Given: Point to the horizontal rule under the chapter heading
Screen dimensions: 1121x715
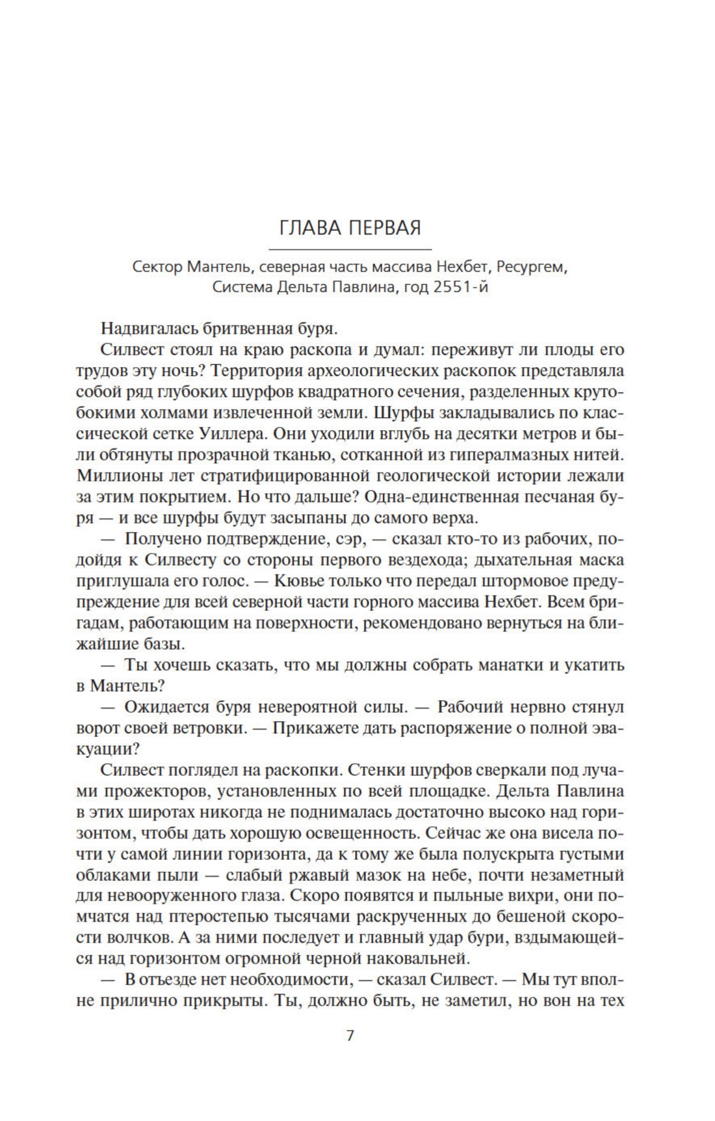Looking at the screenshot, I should [x=350, y=249].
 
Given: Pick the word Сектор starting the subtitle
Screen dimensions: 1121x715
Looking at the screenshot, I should [x=157, y=267].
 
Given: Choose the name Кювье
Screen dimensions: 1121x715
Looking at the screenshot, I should [x=299, y=582].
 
